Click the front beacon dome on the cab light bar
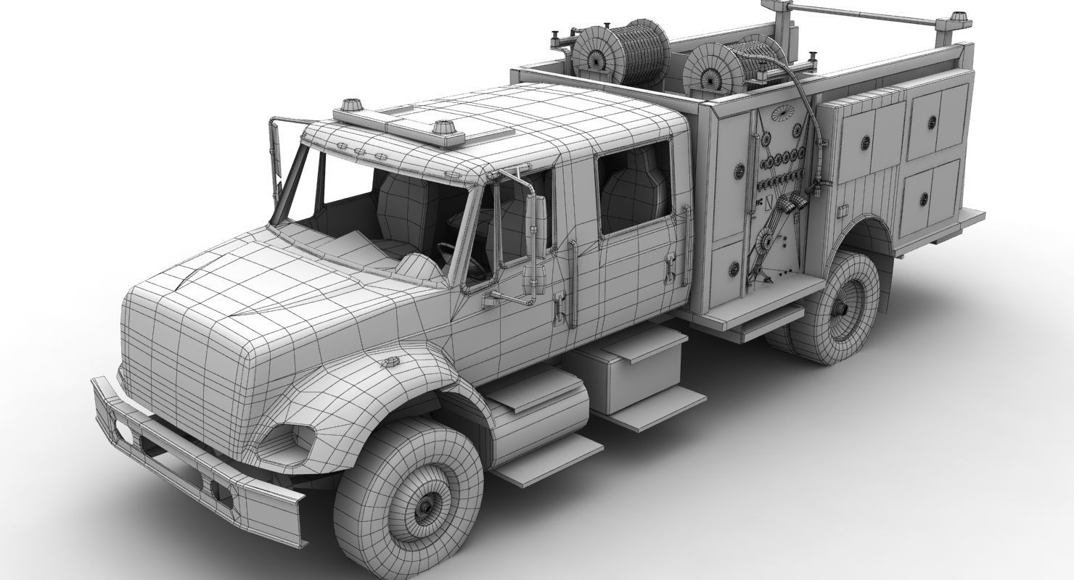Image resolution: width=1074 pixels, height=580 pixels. pos(353,103)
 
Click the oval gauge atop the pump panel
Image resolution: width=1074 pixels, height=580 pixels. pos(783,112)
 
